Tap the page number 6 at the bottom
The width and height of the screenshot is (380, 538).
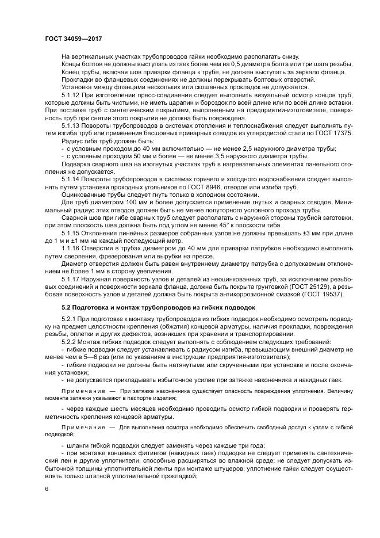(46, 489)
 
